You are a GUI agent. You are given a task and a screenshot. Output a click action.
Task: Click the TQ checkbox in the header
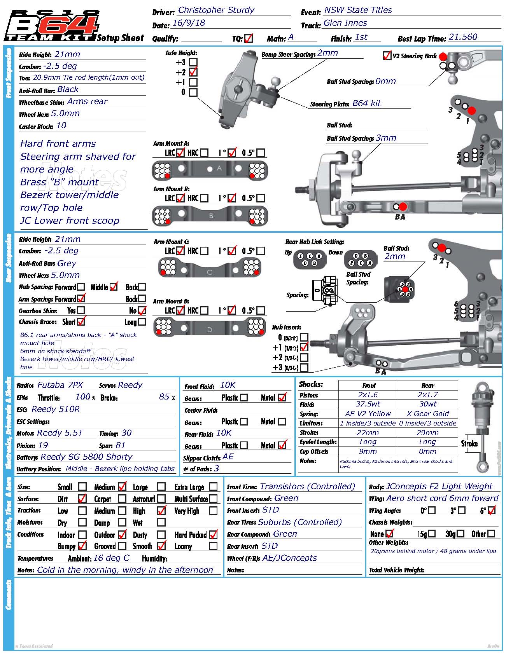click(249, 38)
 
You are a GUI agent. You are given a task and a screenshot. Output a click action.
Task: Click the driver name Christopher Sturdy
click(216, 10)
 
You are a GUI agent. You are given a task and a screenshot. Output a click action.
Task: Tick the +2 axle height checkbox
click(193, 72)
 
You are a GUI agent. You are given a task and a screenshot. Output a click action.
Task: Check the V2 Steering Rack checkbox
click(387, 56)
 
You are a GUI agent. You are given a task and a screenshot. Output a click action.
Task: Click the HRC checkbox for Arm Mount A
click(204, 153)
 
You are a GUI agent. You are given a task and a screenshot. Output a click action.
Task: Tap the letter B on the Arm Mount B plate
click(211, 215)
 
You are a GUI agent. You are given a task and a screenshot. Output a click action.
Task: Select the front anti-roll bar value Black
click(68, 89)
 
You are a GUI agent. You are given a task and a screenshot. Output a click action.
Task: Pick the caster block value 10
click(61, 126)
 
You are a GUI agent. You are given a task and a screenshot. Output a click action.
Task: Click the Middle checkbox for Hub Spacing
click(114, 287)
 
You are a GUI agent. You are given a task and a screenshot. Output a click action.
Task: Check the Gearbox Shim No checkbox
click(142, 310)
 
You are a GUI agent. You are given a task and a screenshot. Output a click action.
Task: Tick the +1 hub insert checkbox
click(304, 347)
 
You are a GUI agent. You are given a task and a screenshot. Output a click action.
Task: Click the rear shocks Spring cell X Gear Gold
click(427, 414)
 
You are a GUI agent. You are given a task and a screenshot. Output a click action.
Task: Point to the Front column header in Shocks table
click(368, 385)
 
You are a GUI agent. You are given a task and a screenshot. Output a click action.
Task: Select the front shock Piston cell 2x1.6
click(368, 395)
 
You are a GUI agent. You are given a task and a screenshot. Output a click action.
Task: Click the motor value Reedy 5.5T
click(60, 433)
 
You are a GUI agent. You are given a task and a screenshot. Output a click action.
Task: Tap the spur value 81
click(121, 445)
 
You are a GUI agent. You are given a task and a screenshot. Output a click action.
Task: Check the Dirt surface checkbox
click(82, 499)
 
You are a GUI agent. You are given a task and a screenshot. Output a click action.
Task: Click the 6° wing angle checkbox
click(492, 510)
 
